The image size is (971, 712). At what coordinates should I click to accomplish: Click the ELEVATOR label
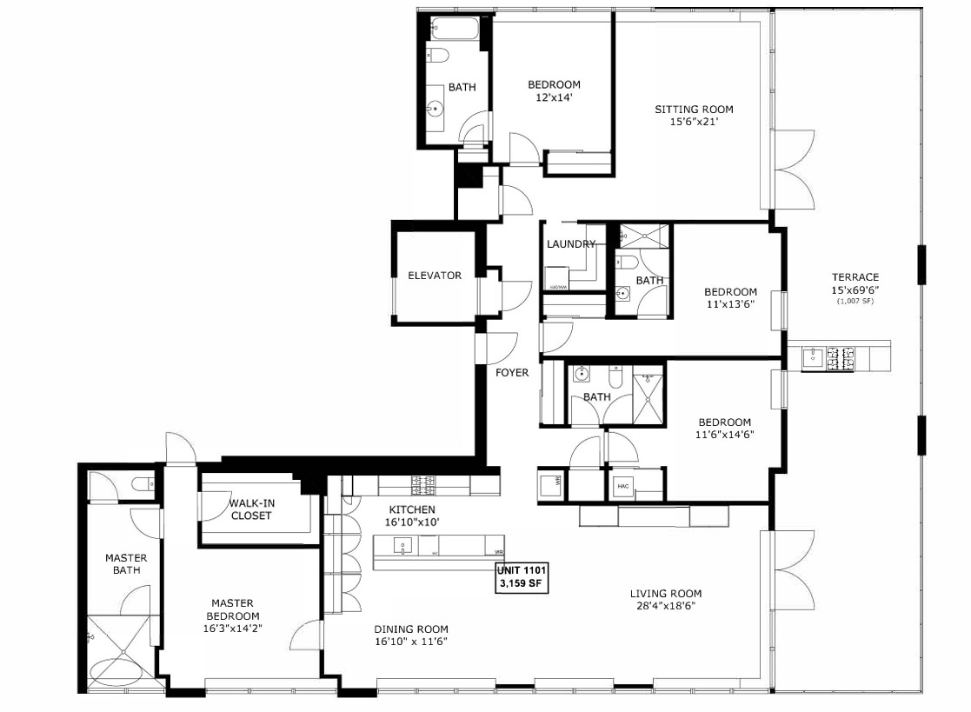tap(435, 276)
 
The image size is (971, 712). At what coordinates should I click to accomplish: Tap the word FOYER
tap(512, 373)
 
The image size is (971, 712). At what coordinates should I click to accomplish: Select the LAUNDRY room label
tap(571, 244)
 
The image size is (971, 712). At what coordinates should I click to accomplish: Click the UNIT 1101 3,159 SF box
tap(522, 577)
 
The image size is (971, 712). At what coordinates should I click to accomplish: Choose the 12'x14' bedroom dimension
tap(554, 98)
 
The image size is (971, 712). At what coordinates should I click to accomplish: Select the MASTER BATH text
tap(126, 564)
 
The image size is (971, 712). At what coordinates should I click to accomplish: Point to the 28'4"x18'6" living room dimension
tap(665, 606)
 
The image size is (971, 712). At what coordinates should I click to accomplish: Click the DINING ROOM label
tap(411, 629)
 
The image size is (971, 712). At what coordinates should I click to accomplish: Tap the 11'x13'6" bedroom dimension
tap(730, 304)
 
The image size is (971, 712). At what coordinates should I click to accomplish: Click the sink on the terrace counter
tap(814, 356)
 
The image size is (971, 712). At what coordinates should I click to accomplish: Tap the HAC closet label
tap(622, 486)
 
